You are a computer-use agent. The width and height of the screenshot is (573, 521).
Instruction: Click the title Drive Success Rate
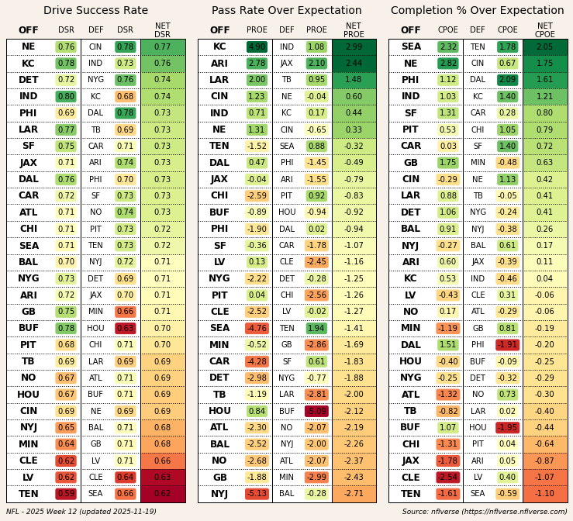[95, 11]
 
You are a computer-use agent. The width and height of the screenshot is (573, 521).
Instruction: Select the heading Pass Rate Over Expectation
[286, 11]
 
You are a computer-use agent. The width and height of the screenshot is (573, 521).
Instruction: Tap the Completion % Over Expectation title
[478, 11]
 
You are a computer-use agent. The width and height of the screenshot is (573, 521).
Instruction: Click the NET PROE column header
[354, 30]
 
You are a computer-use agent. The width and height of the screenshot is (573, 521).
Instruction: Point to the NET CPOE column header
[545, 30]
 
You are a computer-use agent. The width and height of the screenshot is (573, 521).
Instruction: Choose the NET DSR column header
[162, 30]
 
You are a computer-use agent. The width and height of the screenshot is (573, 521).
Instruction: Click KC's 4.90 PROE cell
[257, 47]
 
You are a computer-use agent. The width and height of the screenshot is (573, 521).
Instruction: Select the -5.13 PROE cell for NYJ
[257, 494]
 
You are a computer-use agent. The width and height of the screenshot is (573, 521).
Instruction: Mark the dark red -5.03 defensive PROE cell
[316, 411]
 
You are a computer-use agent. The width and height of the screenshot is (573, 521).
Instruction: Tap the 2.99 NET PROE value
[354, 47]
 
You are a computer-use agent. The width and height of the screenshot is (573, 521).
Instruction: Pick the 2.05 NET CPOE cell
[545, 47]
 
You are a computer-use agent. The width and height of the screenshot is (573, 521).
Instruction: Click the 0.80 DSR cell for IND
[66, 97]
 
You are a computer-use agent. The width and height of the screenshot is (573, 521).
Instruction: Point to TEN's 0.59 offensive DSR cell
[66, 494]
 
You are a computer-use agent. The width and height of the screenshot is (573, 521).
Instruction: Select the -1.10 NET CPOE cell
[545, 494]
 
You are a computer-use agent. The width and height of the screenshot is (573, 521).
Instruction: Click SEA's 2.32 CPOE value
[447, 47]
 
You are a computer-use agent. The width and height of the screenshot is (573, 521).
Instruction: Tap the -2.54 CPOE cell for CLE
[447, 478]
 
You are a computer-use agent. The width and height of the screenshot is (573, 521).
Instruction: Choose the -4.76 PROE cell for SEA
[257, 329]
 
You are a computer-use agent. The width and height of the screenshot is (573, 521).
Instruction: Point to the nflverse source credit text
[485, 512]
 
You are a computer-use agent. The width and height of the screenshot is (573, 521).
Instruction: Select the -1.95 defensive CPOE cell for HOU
[507, 428]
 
